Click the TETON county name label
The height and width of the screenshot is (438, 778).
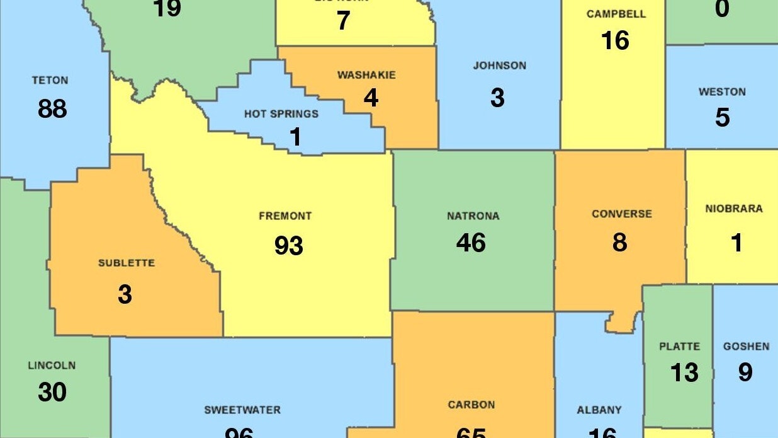pos(50,81)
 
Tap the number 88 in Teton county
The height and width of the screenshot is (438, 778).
pos(52,108)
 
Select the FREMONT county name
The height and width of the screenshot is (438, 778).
pos(285,216)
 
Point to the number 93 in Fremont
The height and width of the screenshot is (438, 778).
pos(288,245)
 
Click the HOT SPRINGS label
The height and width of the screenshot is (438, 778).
pos(281,114)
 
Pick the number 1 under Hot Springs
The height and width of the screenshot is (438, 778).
pos(295,137)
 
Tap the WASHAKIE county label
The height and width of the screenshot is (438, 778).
pos(366,75)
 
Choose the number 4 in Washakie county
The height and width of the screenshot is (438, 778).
pos(371,98)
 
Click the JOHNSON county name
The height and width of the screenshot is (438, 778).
pos(499,66)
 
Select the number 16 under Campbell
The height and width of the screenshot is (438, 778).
pos(615,41)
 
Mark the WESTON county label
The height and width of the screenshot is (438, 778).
pos(722,92)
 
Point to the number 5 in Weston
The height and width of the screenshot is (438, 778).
pos(722,118)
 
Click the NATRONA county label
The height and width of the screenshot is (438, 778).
pos(473,216)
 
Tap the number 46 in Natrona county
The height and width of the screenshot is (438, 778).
pos(471,243)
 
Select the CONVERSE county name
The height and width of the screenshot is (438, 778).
pos(621,214)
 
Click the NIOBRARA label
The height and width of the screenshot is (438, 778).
pos(733,209)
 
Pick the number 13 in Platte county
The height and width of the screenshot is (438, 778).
pos(684,372)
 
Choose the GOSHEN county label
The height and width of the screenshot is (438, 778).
pos(746,347)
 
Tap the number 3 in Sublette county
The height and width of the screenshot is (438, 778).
pos(125,294)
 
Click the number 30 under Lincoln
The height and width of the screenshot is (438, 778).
pos(52,392)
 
